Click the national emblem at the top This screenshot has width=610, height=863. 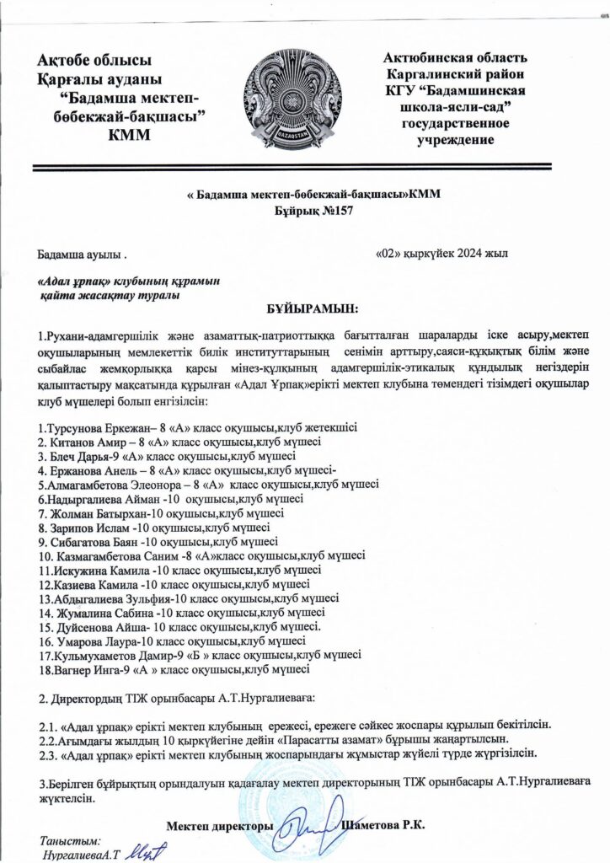tap(306, 94)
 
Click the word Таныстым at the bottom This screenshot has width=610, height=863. tap(70, 840)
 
